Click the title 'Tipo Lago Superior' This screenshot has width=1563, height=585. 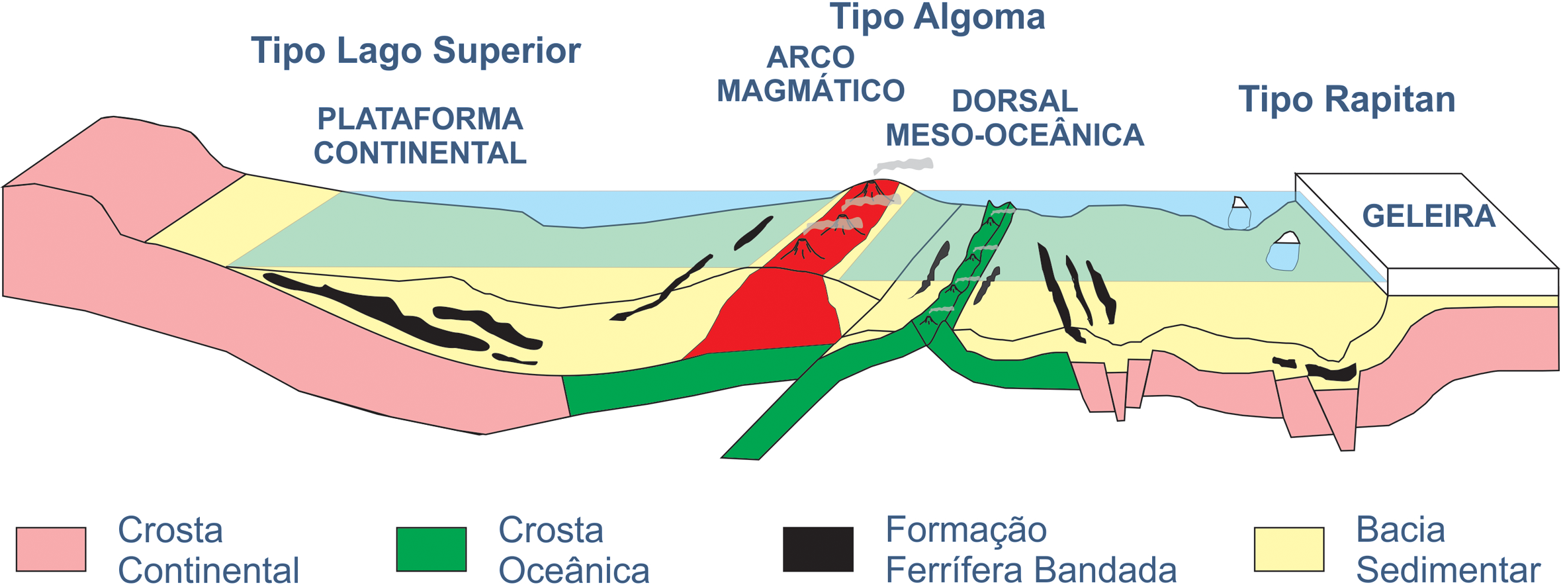click(x=416, y=51)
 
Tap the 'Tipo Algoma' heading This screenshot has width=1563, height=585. click(x=937, y=17)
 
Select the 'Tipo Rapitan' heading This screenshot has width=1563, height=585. click(x=1347, y=100)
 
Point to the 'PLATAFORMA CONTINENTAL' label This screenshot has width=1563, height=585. click(x=420, y=136)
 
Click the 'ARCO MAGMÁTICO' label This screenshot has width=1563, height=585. click(x=811, y=74)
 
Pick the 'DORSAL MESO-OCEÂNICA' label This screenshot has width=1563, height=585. click(x=1014, y=118)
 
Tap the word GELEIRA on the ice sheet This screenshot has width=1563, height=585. click(x=1428, y=216)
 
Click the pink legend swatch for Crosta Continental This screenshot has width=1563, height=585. click(x=51, y=549)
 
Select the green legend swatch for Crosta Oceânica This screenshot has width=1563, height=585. click(x=431, y=549)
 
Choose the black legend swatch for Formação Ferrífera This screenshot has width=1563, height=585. click(x=818, y=549)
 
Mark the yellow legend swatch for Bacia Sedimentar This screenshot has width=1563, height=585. click(x=1289, y=549)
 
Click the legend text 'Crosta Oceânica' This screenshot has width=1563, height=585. click(x=573, y=550)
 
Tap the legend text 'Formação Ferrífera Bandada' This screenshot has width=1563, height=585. click(x=1030, y=550)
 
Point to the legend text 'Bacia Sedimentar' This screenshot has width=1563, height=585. click(x=1448, y=550)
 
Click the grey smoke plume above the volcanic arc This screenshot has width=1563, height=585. click(x=904, y=165)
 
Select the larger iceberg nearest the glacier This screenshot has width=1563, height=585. click(x=1283, y=253)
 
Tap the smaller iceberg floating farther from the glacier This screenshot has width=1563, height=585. click(x=1239, y=214)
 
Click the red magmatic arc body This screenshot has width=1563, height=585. click(x=778, y=311)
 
